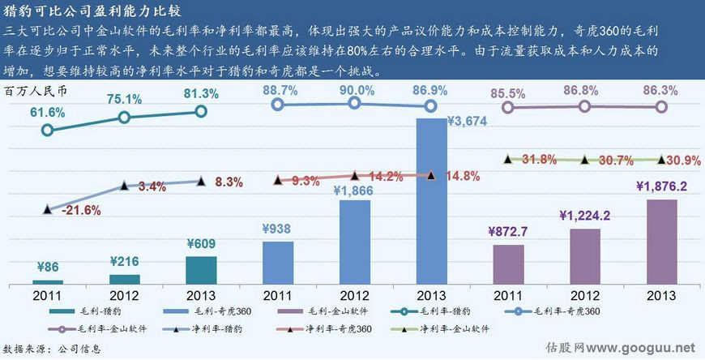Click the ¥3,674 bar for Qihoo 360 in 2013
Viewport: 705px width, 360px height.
coord(432,203)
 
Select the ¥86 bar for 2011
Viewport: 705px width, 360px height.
coord(49,281)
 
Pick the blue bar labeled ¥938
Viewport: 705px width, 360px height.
coord(277,262)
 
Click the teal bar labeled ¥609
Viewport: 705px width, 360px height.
coord(200,270)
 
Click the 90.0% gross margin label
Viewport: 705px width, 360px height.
coord(355,89)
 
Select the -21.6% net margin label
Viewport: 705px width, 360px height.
coord(80,211)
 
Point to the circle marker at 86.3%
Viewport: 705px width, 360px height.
coord(660,107)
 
